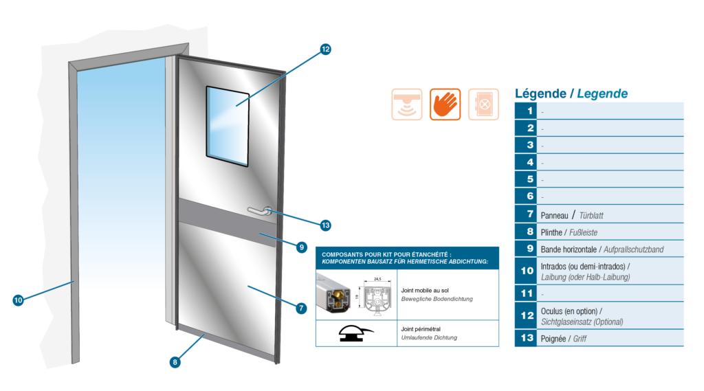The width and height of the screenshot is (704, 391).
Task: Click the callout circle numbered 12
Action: [x=325, y=49]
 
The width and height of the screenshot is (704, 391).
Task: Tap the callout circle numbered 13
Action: [x=325, y=225]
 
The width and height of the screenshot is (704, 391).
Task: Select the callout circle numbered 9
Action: [x=302, y=247]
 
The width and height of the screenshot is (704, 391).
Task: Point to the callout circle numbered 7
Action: [x=301, y=309]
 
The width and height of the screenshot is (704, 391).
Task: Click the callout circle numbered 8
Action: [x=175, y=362]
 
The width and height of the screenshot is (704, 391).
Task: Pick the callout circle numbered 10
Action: [x=18, y=300]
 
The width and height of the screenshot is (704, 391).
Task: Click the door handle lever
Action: [x=260, y=210]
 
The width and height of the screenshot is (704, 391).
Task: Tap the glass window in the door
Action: [x=228, y=126]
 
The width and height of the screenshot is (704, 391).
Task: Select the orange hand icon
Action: [x=445, y=104]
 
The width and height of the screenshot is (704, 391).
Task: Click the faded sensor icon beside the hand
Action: [x=407, y=104]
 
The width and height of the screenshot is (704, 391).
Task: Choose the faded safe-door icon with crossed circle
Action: [x=483, y=104]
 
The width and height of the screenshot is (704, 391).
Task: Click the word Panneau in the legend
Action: [x=555, y=216]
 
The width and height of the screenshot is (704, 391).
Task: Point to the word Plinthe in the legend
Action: [x=551, y=232]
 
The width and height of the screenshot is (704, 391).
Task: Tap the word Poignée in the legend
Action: [x=553, y=339]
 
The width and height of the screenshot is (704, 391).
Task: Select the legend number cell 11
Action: [x=526, y=293]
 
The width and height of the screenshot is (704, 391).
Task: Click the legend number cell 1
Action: [x=526, y=111]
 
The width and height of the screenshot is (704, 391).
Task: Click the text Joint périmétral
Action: [x=421, y=329]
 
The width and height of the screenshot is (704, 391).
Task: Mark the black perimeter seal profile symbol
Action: [x=355, y=333]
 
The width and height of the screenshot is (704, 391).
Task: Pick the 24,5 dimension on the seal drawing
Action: [x=377, y=279]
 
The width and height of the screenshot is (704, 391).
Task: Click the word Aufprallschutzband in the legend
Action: [x=633, y=249]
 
